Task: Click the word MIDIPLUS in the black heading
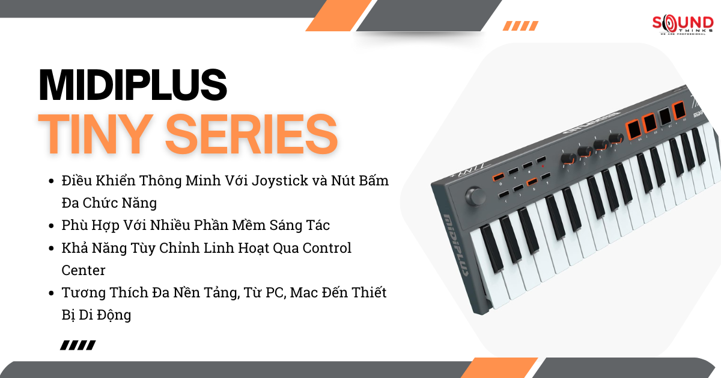click(x=133, y=85)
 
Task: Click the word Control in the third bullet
click(x=327, y=247)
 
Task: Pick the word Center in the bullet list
click(x=84, y=270)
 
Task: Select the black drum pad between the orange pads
click(x=665, y=116)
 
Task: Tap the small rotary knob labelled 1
click(x=566, y=158)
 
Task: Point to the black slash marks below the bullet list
click(x=78, y=345)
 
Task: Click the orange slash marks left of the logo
click(x=520, y=25)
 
